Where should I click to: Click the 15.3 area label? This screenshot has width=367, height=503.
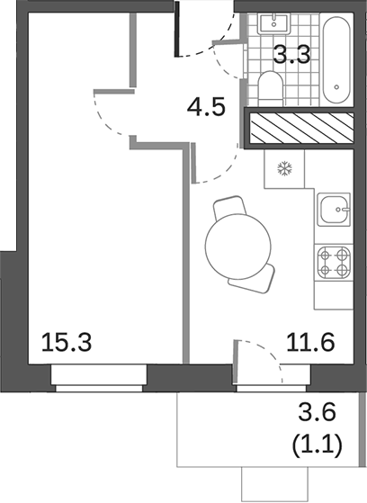[x=67, y=342]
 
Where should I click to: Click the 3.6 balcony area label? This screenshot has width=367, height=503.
[x=318, y=416]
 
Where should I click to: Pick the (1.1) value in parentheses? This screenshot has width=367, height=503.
[x=318, y=445]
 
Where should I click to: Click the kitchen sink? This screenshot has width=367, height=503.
[x=338, y=210]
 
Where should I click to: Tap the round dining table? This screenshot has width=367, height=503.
[x=237, y=244]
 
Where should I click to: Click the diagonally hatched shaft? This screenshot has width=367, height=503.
[x=300, y=129]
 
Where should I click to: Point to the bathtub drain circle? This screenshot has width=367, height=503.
[x=338, y=88]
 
